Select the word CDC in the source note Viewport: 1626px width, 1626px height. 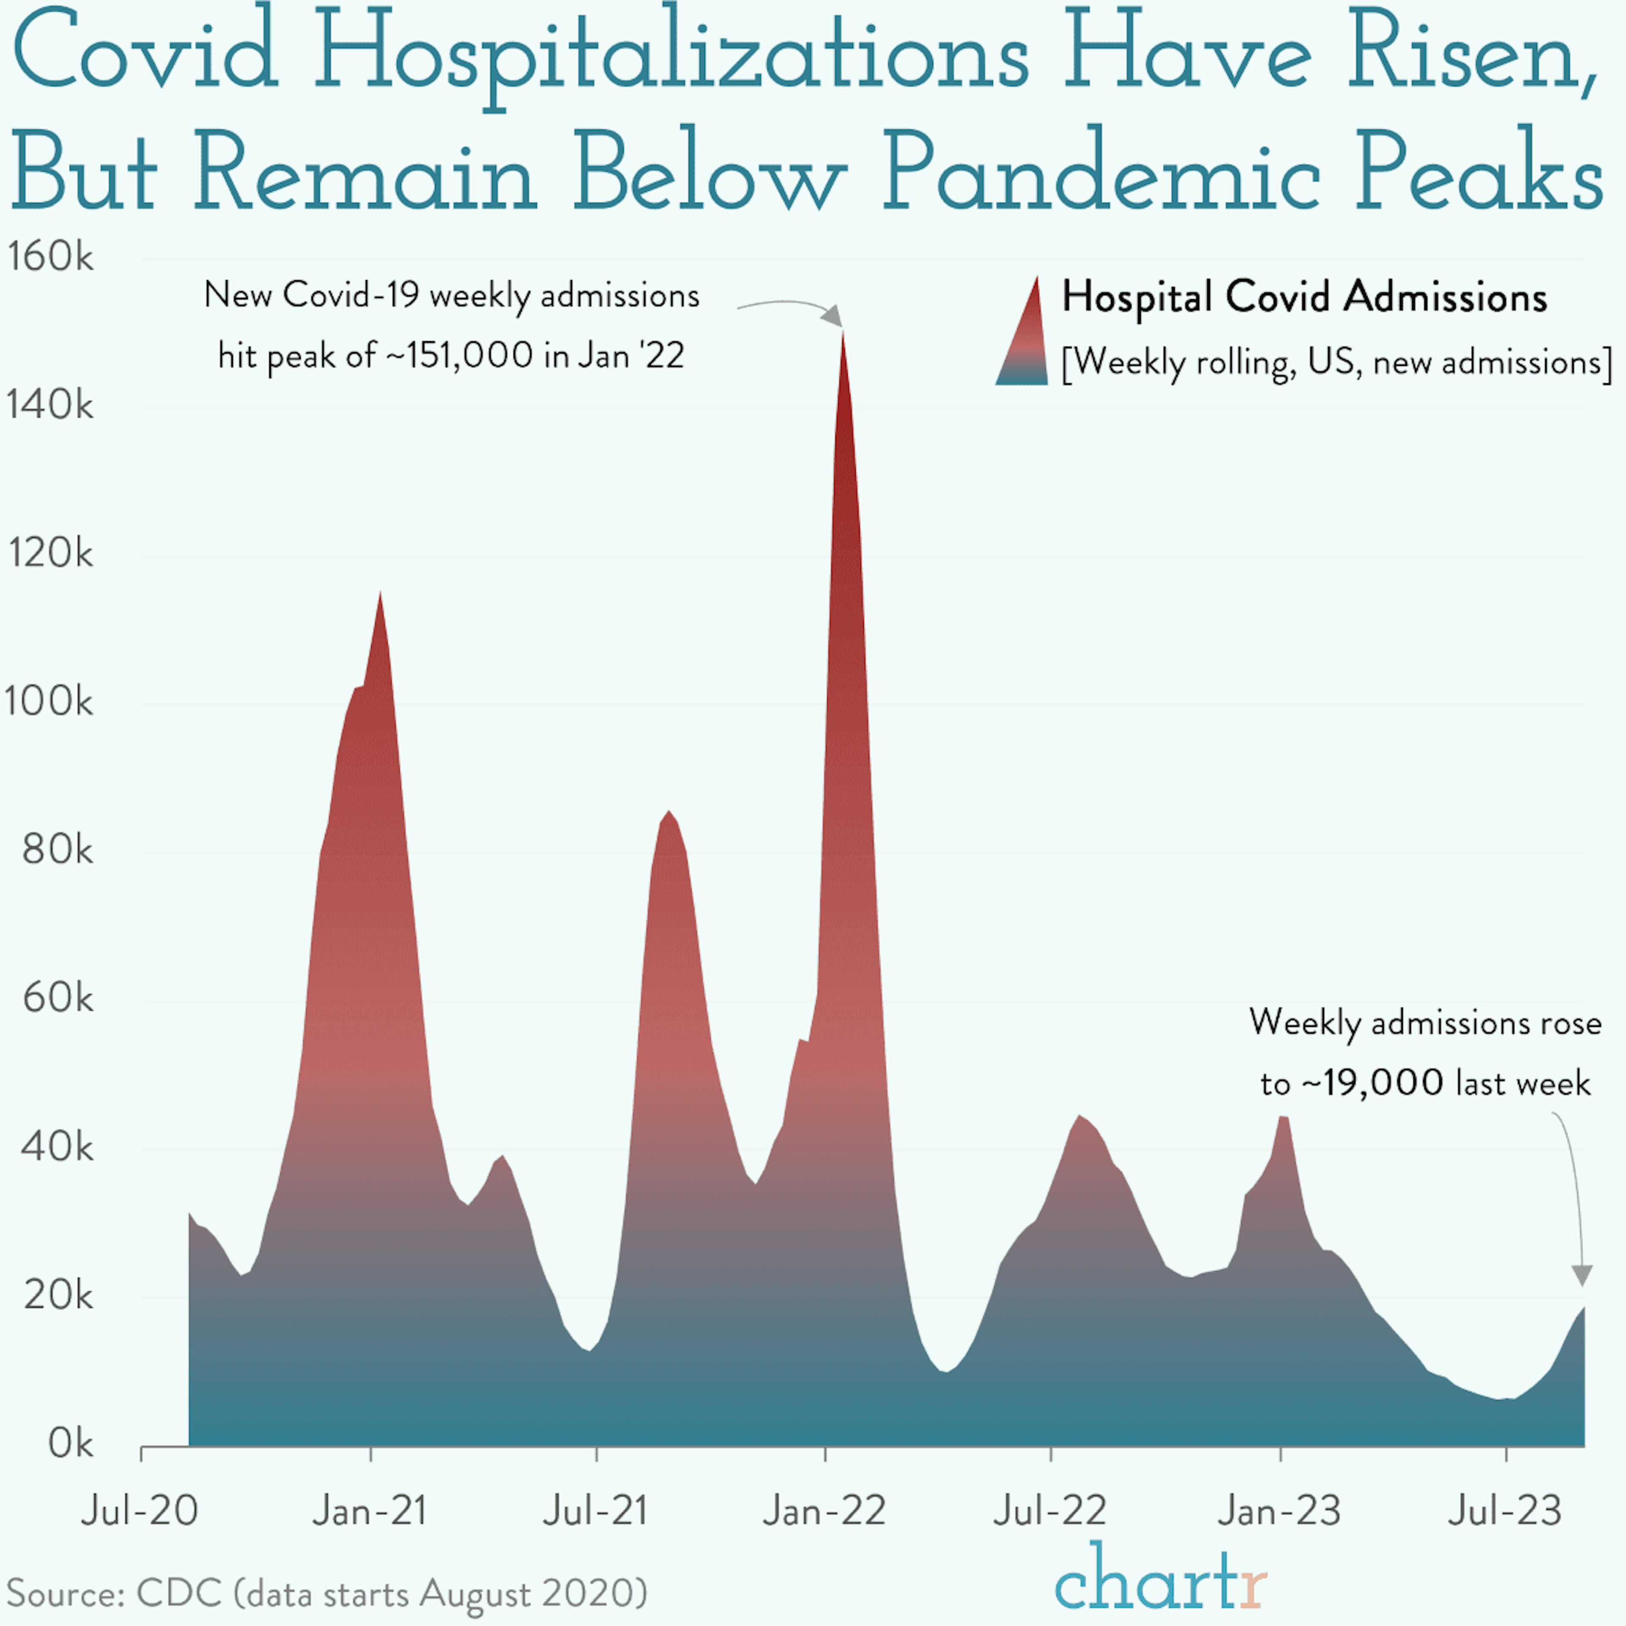tap(179, 1593)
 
